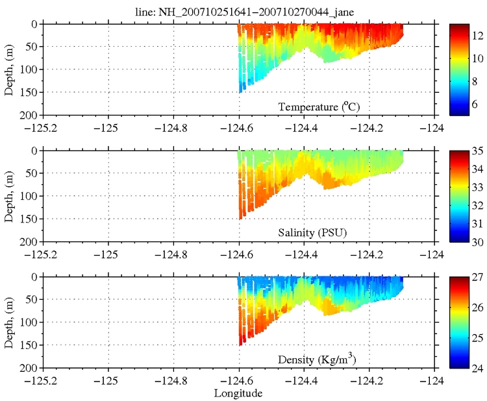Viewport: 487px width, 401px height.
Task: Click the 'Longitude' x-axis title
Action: pyautogui.click(x=239, y=393)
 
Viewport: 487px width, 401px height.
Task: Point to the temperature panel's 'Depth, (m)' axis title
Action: pyautogui.click(x=9, y=69)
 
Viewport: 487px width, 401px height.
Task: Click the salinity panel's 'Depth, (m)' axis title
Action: pyautogui.click(x=9, y=195)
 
